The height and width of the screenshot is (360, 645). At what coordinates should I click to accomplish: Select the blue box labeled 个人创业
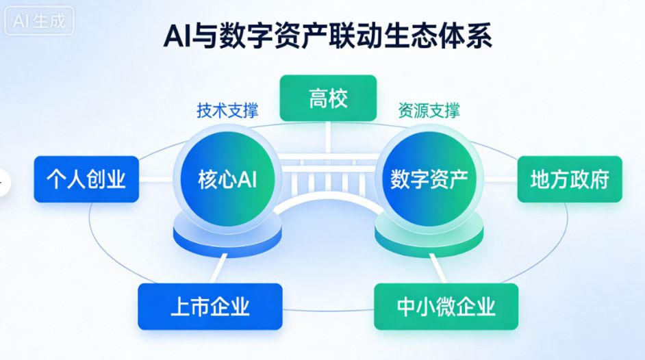tap(86, 179)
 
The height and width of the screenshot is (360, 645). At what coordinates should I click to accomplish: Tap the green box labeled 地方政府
tap(570, 179)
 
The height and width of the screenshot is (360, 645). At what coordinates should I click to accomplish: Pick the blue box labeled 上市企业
tap(210, 306)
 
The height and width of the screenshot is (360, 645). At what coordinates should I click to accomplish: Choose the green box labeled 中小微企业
tap(446, 306)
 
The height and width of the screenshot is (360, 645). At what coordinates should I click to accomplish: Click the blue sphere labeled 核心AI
tap(227, 179)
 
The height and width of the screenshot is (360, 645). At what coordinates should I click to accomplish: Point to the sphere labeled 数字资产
tap(429, 179)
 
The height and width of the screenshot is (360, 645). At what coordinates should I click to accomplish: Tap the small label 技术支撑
tap(227, 111)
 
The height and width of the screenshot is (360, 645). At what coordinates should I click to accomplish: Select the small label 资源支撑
tap(429, 111)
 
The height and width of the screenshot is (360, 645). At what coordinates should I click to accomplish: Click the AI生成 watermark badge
tap(39, 21)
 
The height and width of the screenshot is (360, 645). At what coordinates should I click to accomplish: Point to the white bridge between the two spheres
tap(328, 179)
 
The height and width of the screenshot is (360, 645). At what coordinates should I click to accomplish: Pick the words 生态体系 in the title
tap(438, 36)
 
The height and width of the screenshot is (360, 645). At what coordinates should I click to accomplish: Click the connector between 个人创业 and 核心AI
tap(156, 179)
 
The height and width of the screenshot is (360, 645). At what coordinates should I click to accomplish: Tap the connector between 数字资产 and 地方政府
tap(501, 179)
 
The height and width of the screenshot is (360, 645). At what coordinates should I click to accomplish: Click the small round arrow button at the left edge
tap(3, 182)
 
